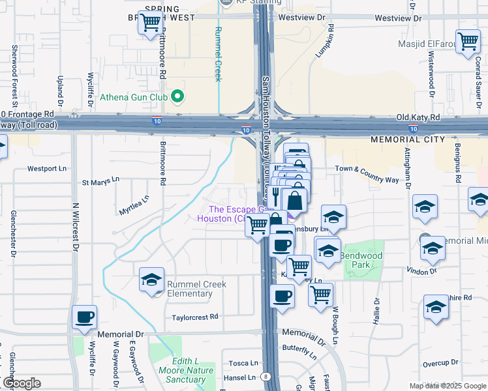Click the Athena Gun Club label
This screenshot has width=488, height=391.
[x=133, y=98]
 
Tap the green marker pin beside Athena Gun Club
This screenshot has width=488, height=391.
[x=176, y=98]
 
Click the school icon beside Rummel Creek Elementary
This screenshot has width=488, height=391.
[x=151, y=280]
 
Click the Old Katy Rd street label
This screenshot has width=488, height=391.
[x=418, y=117]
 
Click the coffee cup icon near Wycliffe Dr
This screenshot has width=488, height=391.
[x=84, y=317]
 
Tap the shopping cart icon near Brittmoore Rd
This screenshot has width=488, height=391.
[x=150, y=23]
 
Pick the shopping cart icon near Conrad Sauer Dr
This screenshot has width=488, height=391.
[x=468, y=42]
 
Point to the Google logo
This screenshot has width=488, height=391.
[x=21, y=383]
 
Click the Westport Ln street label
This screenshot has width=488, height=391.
[x=47, y=168]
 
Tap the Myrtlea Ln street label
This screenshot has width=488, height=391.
[x=134, y=205]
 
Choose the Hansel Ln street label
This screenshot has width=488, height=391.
[x=240, y=377]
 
